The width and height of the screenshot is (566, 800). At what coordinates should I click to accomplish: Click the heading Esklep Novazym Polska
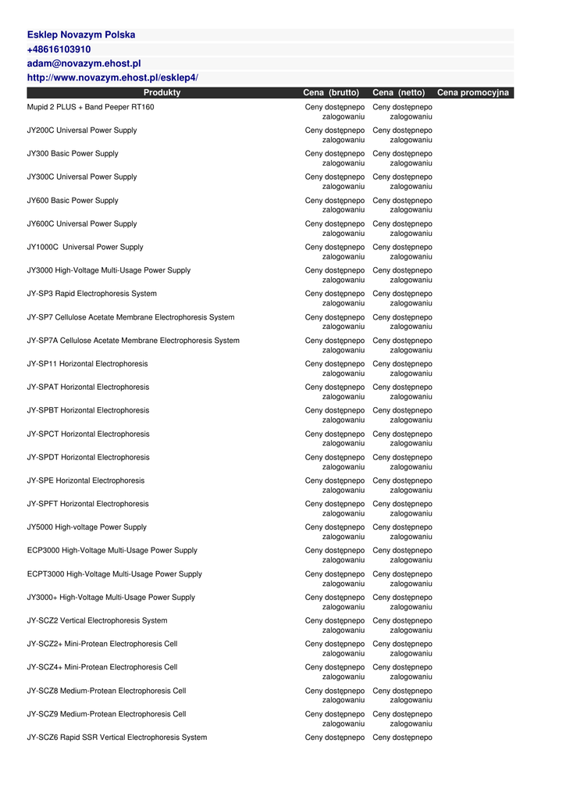[x=81, y=35]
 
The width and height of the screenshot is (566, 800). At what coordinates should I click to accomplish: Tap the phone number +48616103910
[x=59, y=49]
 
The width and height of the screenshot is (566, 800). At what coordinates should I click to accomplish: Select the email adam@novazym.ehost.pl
[x=84, y=63]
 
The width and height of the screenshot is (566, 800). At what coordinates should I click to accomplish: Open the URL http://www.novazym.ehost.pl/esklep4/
[x=113, y=77]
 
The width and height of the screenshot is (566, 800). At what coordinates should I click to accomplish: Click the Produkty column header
[x=162, y=92]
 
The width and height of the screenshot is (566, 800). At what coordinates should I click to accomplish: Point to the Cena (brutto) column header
[x=331, y=92]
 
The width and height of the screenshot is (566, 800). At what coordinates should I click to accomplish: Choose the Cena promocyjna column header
[x=472, y=92]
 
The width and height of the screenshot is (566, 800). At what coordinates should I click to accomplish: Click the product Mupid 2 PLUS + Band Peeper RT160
[x=91, y=107]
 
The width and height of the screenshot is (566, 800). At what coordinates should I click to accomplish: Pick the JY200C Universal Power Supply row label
[x=82, y=130]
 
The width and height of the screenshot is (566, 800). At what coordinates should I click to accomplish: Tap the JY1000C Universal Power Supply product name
[x=85, y=247]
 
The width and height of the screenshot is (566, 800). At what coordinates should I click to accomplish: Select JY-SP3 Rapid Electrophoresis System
[x=92, y=294]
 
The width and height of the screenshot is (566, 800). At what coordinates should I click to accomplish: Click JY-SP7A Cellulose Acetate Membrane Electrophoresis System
[x=133, y=341]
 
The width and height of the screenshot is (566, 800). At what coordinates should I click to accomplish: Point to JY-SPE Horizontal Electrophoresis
[x=86, y=480]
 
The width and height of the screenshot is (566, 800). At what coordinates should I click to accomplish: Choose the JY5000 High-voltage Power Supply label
[x=87, y=527]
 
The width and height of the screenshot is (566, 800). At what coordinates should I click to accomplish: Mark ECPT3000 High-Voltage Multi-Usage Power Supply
[x=115, y=574]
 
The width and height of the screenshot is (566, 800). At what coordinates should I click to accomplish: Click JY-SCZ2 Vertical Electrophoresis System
[x=98, y=621]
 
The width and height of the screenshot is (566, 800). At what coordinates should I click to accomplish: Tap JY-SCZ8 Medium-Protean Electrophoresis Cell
[x=107, y=691]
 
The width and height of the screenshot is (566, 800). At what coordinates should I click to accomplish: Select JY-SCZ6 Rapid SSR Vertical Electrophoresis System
[x=117, y=737]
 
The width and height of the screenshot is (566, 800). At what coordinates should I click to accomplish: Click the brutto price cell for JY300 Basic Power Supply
[x=335, y=159]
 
